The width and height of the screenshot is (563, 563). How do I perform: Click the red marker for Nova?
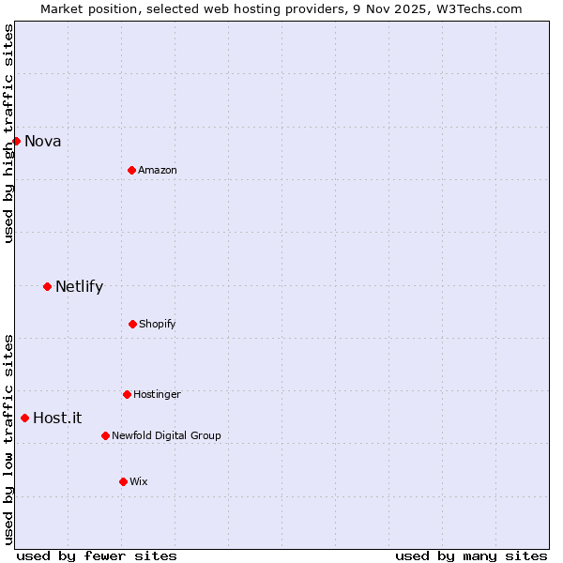click(16, 141)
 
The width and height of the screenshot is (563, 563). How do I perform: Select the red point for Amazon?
click(131, 170)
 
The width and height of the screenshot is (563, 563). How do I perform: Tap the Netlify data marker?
click(47, 286)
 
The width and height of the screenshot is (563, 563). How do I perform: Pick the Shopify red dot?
click(132, 324)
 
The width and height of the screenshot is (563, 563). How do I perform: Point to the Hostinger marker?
click(127, 394)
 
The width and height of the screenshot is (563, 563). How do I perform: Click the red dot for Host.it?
click(24, 418)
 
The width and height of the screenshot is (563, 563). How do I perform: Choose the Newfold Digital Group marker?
click(105, 435)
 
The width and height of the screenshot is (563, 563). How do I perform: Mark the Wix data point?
click(123, 481)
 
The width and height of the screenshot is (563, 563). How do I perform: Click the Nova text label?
click(42, 142)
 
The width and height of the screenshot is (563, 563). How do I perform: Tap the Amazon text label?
click(157, 171)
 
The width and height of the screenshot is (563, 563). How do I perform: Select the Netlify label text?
click(79, 287)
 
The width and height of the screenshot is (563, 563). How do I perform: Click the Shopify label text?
click(157, 325)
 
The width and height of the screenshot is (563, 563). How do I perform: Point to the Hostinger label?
click(157, 395)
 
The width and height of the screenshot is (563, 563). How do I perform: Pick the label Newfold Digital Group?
click(166, 436)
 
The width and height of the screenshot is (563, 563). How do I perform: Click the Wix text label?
click(138, 482)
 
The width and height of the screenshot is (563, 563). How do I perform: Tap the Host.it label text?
click(57, 418)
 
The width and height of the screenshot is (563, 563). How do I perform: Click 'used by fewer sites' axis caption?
click(97, 555)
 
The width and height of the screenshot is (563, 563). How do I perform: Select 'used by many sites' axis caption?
click(471, 555)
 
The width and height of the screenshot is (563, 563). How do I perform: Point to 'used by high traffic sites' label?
click(8, 134)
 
